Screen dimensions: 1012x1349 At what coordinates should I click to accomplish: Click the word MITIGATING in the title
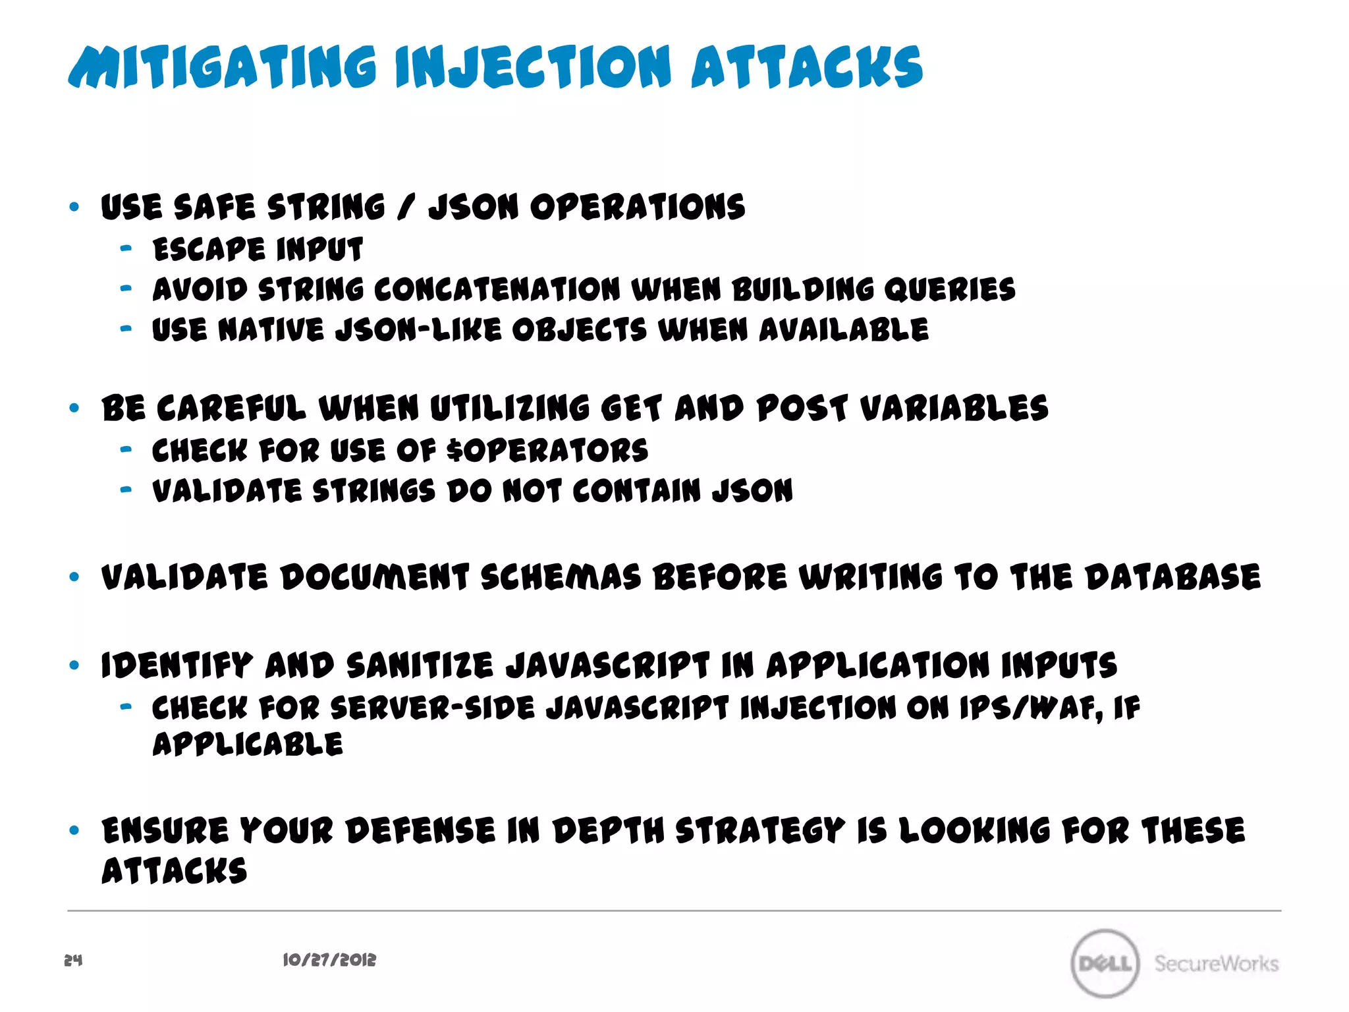pyautogui.click(x=223, y=67)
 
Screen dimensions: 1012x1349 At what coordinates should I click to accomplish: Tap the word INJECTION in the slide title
pyautogui.click(x=533, y=67)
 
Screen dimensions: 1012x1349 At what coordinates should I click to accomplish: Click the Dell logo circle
pyautogui.click(x=1105, y=963)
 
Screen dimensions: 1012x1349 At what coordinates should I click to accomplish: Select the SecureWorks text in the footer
pyautogui.click(x=1216, y=963)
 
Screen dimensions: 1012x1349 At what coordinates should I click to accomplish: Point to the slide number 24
pyautogui.click(x=73, y=960)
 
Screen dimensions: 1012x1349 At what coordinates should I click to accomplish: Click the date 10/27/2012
pyautogui.click(x=329, y=960)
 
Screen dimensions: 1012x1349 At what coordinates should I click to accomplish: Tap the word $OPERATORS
pyautogui.click(x=547, y=451)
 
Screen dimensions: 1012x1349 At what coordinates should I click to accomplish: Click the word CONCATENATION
pyautogui.click(x=497, y=290)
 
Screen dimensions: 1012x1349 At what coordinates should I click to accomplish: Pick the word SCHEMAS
pyautogui.click(x=561, y=577)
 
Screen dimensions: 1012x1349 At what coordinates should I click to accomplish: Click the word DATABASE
pyautogui.click(x=1172, y=577)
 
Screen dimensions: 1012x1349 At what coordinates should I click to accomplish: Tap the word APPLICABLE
pyautogui.click(x=248, y=745)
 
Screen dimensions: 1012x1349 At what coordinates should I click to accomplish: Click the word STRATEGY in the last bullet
pyautogui.click(x=760, y=830)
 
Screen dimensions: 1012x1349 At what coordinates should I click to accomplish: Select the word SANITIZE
pyautogui.click(x=420, y=665)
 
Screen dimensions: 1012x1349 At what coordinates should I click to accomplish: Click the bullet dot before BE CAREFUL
pyautogui.click(x=74, y=408)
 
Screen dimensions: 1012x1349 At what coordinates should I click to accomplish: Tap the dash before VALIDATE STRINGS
pyautogui.click(x=126, y=490)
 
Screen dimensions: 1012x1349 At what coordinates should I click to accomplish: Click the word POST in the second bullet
pyautogui.click(x=802, y=408)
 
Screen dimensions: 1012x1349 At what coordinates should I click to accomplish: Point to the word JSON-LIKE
pyautogui.click(x=418, y=330)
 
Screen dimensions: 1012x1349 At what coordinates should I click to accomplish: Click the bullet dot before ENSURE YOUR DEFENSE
pyautogui.click(x=74, y=830)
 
